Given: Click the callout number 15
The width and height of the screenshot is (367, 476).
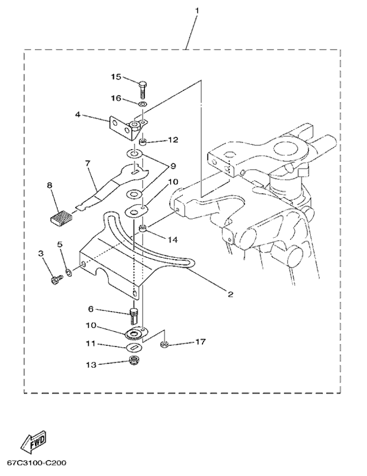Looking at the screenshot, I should point(116,77).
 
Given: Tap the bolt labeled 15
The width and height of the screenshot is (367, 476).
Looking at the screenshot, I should point(142,87).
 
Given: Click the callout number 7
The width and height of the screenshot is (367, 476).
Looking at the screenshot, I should point(87,163).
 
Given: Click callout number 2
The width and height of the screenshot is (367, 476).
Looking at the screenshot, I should point(231,294).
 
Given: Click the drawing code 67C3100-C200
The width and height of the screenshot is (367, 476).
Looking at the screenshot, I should point(42,463).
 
